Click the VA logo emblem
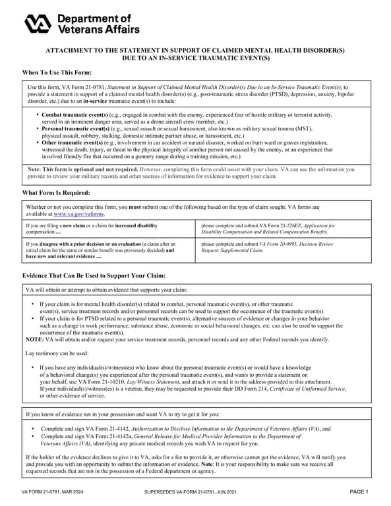(x=38, y=24)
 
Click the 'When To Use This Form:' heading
(x=57, y=72)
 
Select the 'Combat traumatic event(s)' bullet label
(x=71, y=115)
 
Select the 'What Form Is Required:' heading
(x=56, y=192)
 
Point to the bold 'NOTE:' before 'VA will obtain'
(x=34, y=339)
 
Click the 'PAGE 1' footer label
(x=359, y=492)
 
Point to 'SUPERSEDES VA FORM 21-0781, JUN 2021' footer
(x=190, y=493)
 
